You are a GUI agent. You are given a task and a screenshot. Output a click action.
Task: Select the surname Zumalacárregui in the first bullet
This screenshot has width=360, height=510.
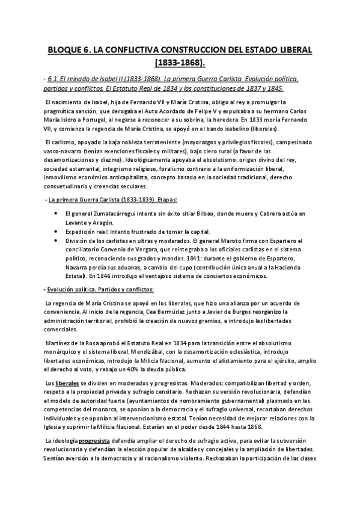pyautogui.click(x=110, y=214)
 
